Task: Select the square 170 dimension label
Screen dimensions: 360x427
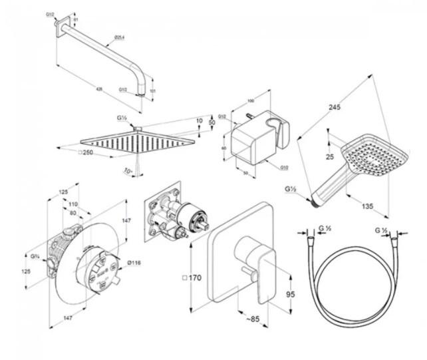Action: tap(194, 277)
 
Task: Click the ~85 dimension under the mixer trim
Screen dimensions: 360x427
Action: tap(252, 319)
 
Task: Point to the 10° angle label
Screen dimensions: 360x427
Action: tap(128, 171)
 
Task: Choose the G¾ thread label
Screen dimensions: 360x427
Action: tap(35, 255)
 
